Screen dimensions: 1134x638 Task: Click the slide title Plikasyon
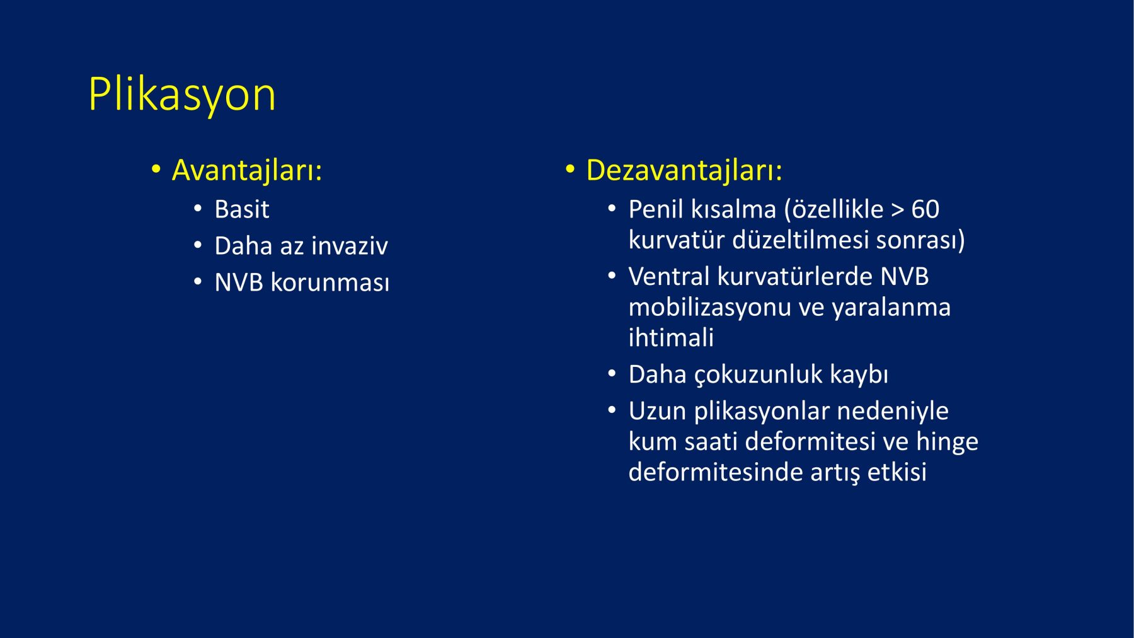pyautogui.click(x=182, y=95)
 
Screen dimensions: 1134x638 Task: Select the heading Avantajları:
pyautogui.click(x=247, y=170)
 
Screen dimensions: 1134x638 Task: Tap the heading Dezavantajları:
pyautogui.click(x=684, y=170)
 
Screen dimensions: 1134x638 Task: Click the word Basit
pyautogui.click(x=242, y=209)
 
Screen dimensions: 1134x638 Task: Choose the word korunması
pyautogui.click(x=330, y=282)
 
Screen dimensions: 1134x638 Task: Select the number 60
pyautogui.click(x=925, y=209)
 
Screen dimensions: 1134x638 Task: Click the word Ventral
pyautogui.click(x=669, y=277)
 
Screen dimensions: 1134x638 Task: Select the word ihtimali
pyautogui.click(x=671, y=338)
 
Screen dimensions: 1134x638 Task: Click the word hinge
pyautogui.click(x=948, y=442)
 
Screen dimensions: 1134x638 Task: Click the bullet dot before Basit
pyautogui.click(x=198, y=209)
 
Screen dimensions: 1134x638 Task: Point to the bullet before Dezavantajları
pyautogui.click(x=570, y=170)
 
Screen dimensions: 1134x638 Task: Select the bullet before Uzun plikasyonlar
pyautogui.click(x=612, y=411)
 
